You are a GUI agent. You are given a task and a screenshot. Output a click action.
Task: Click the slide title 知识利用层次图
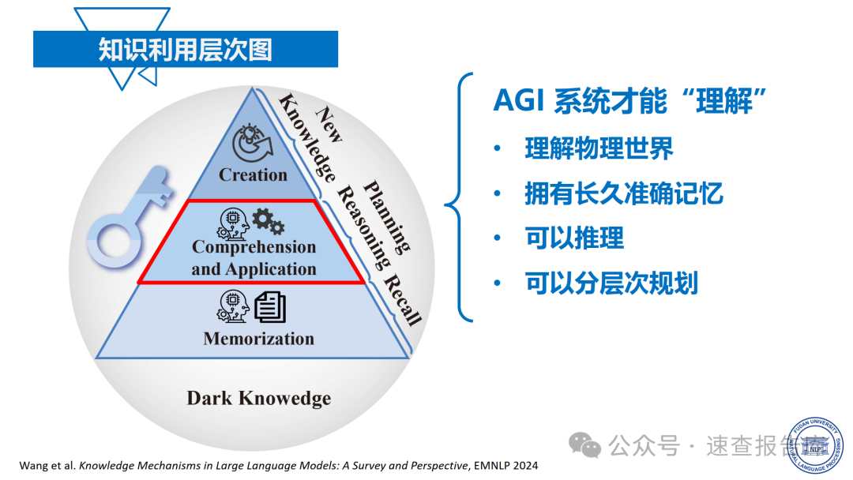coord(185,50)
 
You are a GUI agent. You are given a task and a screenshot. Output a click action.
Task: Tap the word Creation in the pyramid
coord(253,174)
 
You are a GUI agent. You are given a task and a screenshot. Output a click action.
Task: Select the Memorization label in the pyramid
coord(258,339)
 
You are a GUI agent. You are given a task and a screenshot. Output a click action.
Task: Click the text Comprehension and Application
coord(254,257)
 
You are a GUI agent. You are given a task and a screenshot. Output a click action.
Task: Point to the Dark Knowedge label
coord(258,398)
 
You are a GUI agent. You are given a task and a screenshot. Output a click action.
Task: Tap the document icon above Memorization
coord(270,306)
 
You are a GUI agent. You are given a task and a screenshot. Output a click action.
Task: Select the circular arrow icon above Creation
coord(252,143)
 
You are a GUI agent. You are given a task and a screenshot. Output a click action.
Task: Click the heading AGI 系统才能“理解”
coord(630,101)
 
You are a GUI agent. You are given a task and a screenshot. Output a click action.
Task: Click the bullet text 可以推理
coord(574,238)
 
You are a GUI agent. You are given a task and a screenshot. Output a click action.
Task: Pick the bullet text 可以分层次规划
coord(611,283)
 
